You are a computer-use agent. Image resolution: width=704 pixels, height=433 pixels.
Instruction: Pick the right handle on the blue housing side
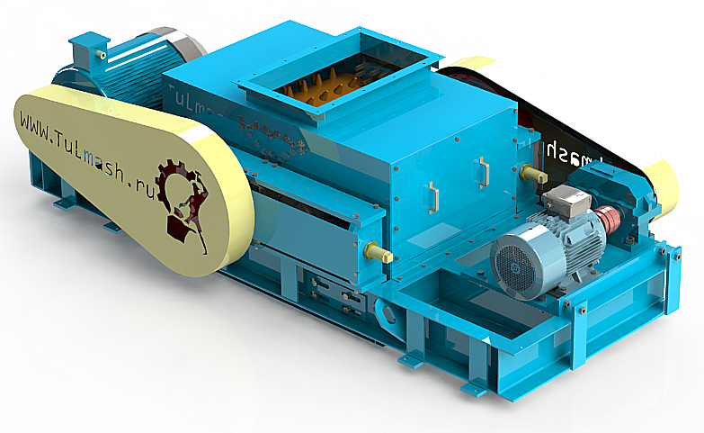(x=484, y=171)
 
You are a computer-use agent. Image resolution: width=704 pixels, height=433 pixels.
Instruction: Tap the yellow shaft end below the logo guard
(x=380, y=255)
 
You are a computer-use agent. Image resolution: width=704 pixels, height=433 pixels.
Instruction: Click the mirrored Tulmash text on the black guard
(x=575, y=149)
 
